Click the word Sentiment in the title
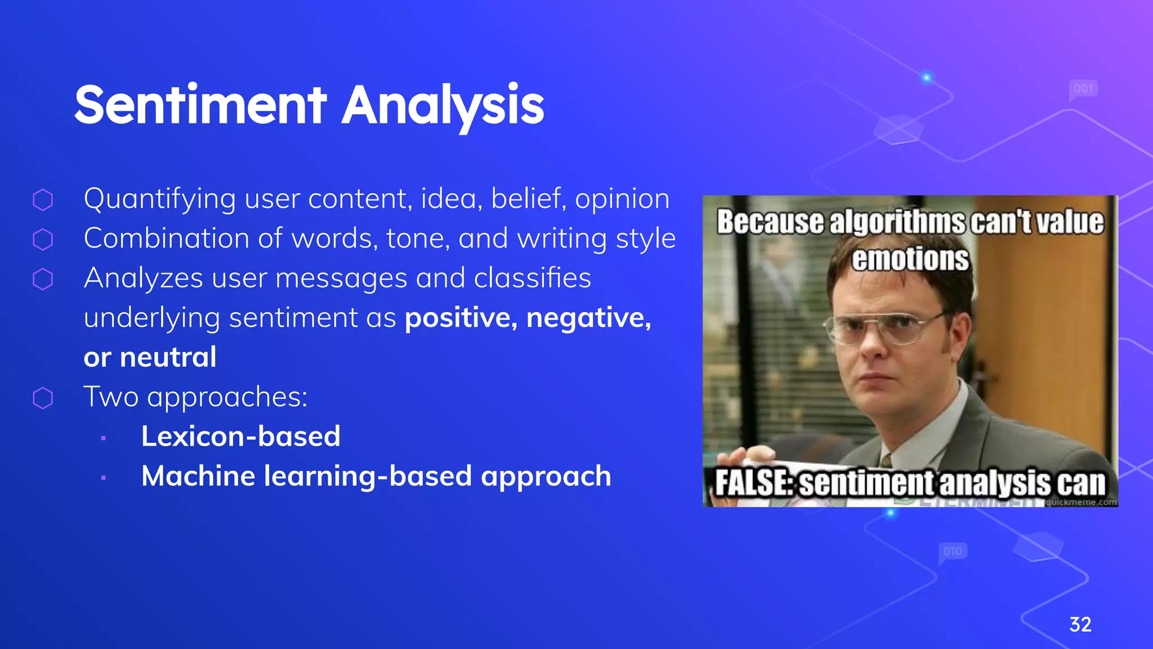[x=200, y=105]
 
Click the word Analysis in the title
[x=443, y=106]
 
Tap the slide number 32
[x=1080, y=624]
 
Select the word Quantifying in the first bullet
[x=159, y=199]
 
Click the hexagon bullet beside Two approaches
[x=43, y=398]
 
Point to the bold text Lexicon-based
[x=240, y=436]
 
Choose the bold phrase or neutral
[x=150, y=357]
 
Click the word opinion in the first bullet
[x=622, y=199]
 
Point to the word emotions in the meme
[x=910, y=259]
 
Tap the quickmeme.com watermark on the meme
[x=1081, y=502]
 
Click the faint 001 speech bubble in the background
[x=1083, y=89]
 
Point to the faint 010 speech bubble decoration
[x=953, y=552]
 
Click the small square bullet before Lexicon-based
[x=104, y=438]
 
